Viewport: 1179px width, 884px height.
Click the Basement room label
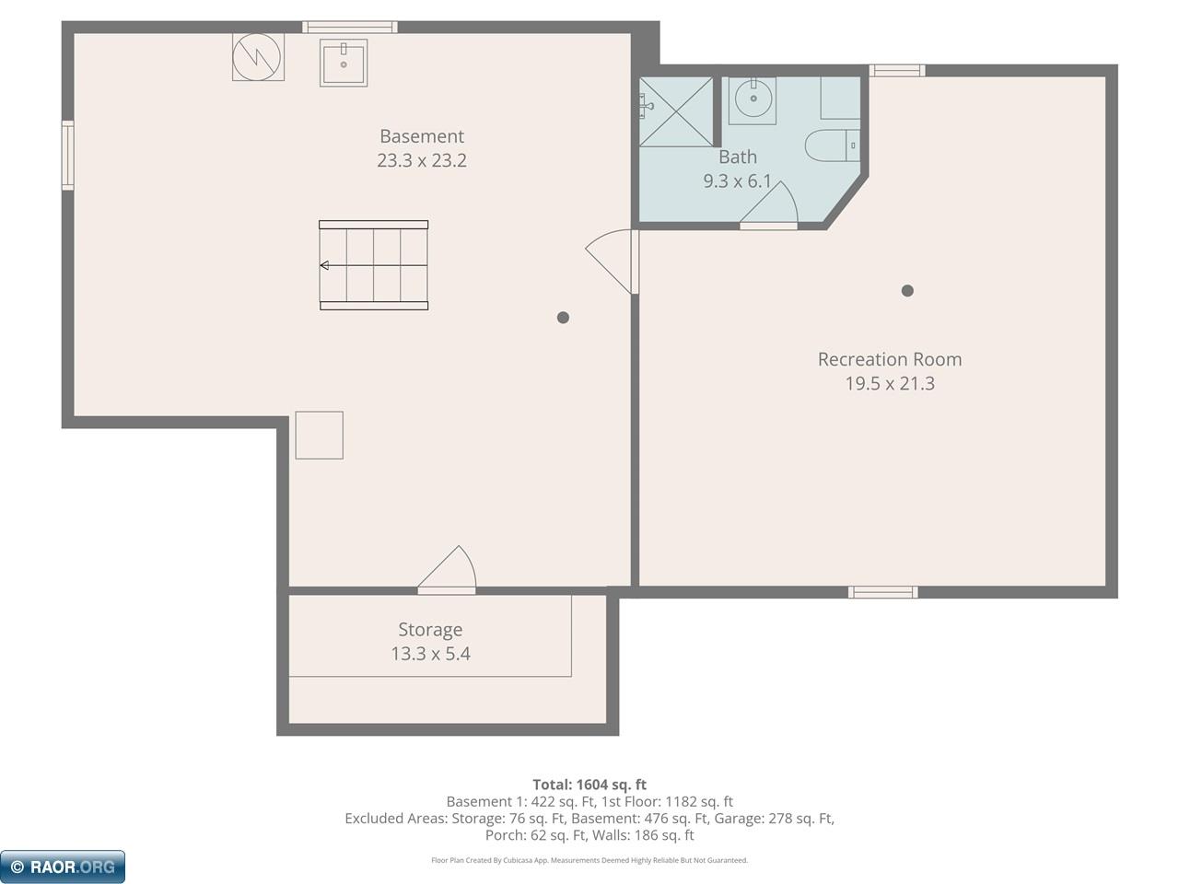tap(422, 136)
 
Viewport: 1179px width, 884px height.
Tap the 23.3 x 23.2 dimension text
tap(422, 160)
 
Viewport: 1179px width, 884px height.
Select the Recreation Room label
tap(889, 359)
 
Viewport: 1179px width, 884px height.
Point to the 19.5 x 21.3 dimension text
tap(889, 383)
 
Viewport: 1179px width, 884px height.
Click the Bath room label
tap(737, 157)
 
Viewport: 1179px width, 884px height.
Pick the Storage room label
tap(430, 630)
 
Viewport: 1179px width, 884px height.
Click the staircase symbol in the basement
tap(374, 265)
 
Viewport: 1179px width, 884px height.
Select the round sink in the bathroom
tap(753, 99)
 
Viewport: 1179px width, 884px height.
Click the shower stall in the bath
tap(676, 110)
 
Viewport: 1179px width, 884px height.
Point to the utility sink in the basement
tap(344, 63)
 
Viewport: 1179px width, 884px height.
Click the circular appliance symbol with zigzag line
tap(257, 57)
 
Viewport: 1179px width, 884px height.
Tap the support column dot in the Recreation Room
tap(907, 291)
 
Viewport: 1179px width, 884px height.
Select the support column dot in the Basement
tap(563, 318)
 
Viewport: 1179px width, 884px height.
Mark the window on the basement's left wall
tap(67, 156)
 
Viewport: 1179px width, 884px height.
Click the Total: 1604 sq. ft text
tap(589, 785)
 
